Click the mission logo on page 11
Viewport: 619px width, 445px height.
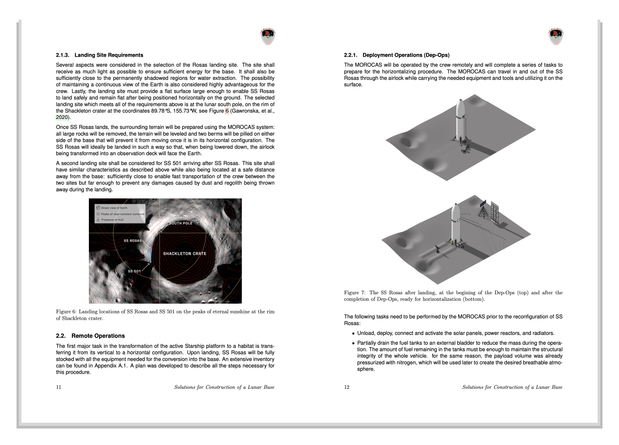[x=268, y=37]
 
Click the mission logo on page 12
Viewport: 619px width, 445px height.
[x=556, y=37]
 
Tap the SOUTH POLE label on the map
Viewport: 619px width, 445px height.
[x=181, y=223]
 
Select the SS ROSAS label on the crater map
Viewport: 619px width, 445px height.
[x=133, y=241]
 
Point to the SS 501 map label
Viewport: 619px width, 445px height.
[x=134, y=271]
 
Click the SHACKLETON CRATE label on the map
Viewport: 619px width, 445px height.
[x=184, y=254]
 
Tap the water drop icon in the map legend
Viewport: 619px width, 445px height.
[x=98, y=219]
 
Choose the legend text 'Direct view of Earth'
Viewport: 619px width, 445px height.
[x=114, y=208]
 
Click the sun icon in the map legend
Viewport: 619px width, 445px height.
[x=98, y=214]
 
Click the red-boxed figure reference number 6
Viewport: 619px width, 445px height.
[x=227, y=111]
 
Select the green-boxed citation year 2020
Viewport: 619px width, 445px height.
[x=62, y=118]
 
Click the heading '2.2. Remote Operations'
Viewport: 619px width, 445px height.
[x=90, y=336]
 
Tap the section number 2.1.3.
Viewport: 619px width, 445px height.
[x=63, y=55]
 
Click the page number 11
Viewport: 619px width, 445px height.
[x=59, y=387]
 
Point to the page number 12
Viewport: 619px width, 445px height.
[x=347, y=387]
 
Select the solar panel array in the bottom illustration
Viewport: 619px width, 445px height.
[x=495, y=213]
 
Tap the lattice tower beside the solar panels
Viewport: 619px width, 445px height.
[x=483, y=210]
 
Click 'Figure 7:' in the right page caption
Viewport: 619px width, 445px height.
[x=355, y=293]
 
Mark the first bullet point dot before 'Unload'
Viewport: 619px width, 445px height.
[x=353, y=334]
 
